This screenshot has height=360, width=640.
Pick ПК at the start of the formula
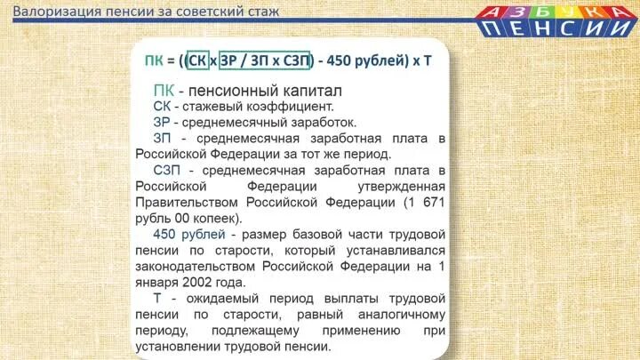[x=154, y=61]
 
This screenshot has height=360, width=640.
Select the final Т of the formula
[x=428, y=61]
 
